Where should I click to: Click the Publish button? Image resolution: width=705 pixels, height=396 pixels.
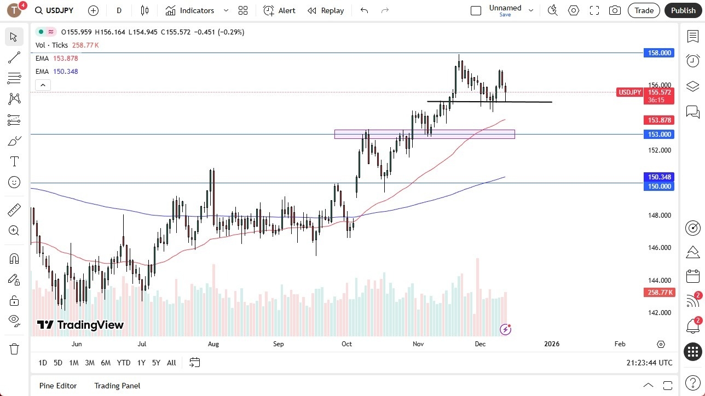click(683, 10)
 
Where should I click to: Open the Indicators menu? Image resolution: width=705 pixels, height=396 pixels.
click(197, 10)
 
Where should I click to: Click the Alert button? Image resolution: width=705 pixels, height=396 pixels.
click(280, 10)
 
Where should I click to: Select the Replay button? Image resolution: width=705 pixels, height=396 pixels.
click(326, 10)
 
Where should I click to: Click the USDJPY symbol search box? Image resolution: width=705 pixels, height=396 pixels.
click(55, 10)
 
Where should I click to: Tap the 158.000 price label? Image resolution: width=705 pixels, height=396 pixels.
click(660, 53)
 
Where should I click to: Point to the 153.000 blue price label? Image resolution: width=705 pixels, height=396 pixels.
click(660, 135)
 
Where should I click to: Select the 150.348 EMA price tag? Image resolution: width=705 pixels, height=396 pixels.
click(660, 177)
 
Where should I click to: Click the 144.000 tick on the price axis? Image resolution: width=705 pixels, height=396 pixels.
click(659, 280)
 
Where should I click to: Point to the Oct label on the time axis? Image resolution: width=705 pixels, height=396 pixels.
click(346, 344)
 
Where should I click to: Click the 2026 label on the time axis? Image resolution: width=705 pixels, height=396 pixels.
click(551, 344)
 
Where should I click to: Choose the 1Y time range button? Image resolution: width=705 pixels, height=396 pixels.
click(141, 363)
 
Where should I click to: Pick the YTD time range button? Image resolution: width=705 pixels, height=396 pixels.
click(124, 363)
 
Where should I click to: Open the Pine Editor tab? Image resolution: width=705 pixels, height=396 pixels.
click(58, 386)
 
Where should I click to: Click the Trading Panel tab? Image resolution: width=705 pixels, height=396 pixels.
click(117, 386)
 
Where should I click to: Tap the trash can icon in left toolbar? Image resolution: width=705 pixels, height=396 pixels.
click(14, 349)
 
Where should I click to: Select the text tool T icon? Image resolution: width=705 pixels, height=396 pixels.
click(14, 161)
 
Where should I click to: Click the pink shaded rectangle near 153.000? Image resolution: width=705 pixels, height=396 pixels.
click(424, 134)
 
